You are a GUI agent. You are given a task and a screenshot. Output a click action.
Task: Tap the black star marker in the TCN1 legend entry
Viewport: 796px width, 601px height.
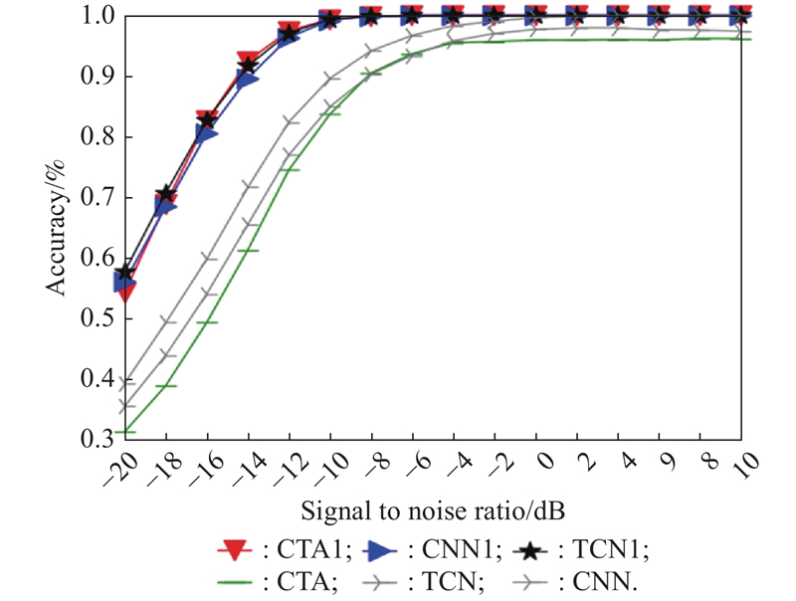(536, 548)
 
